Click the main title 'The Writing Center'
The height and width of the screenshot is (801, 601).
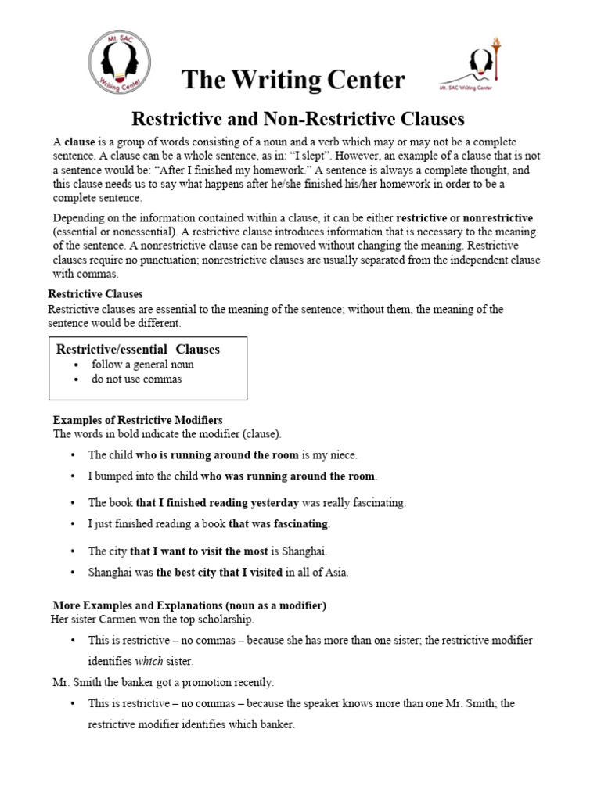(x=293, y=79)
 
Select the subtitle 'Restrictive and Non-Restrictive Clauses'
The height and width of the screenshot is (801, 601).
(x=298, y=119)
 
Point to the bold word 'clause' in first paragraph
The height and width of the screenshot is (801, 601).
(x=79, y=142)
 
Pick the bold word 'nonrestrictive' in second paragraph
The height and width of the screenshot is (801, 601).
(x=498, y=217)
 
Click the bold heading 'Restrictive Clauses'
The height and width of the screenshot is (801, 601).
(x=95, y=294)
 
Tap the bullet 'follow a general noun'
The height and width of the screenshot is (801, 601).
(x=142, y=365)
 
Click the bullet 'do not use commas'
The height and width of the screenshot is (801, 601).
(x=136, y=379)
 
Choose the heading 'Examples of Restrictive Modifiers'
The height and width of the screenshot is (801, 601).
(x=137, y=420)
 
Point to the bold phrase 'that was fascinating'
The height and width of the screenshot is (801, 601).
(x=279, y=523)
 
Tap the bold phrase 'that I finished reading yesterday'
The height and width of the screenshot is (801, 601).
(x=217, y=502)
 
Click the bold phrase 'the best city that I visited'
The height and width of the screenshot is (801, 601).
(x=219, y=572)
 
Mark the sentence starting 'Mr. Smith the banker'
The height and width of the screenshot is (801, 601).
(x=161, y=682)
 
